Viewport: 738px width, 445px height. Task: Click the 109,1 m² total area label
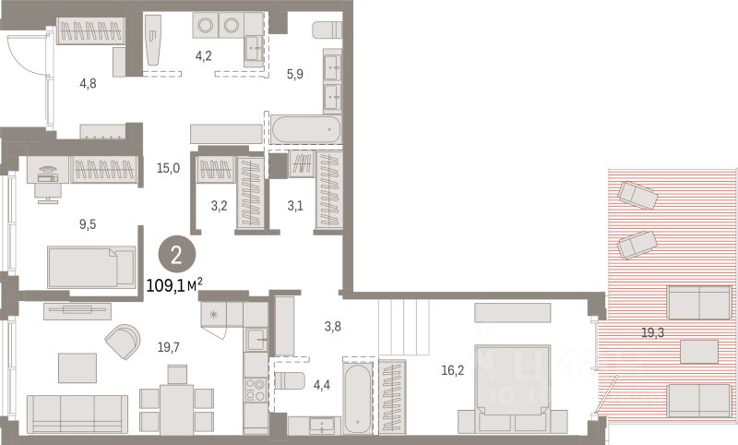(174, 285)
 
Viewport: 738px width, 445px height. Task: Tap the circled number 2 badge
(176, 256)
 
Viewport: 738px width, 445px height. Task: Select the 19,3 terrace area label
(653, 333)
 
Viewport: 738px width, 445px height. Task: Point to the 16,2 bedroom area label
(453, 370)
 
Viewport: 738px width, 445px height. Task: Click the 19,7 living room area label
(168, 347)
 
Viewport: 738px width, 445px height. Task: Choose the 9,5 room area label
(88, 224)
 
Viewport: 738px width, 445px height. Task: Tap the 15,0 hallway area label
(168, 168)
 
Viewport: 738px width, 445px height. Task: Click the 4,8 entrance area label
(88, 84)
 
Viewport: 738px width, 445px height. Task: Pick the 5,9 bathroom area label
(294, 74)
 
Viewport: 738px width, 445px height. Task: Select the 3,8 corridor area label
(333, 326)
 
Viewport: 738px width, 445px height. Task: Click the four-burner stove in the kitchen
(256, 390)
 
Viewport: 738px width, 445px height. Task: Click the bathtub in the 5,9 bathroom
(306, 129)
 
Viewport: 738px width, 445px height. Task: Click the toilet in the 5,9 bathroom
(327, 30)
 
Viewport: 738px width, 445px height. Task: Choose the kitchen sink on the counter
(256, 338)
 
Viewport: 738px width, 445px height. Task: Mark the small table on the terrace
(699, 352)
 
